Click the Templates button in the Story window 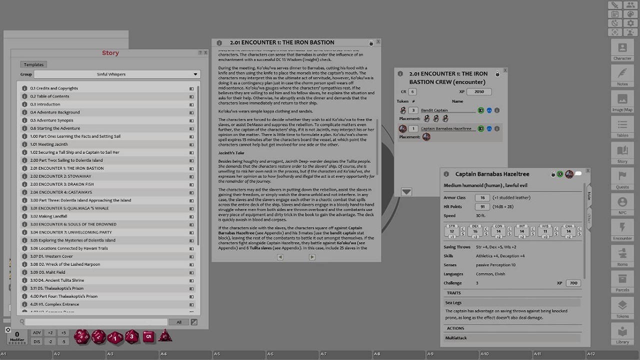click(34, 64)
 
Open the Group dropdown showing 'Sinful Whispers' click(117, 74)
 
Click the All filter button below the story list click(178, 322)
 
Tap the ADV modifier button click(37, 333)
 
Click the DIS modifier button click(37, 341)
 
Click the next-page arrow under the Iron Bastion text click(312, 257)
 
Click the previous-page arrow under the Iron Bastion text click(280, 257)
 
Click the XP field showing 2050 click(478, 92)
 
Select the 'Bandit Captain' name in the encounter click(434, 110)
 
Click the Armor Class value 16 click(482, 197)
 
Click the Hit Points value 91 click(482, 206)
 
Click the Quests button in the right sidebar click(622, 178)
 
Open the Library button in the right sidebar click(622, 333)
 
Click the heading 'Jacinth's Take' click(231, 152)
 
